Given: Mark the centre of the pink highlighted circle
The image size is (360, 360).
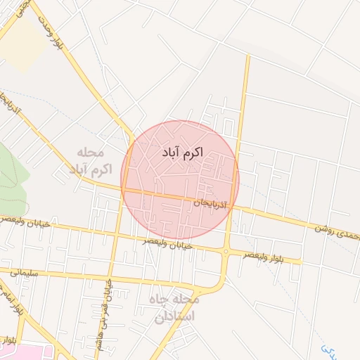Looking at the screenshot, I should [180, 180].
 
